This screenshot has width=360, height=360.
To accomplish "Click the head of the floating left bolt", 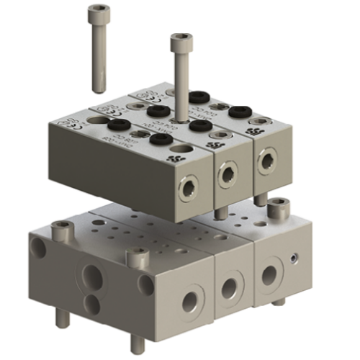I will tap(97, 12).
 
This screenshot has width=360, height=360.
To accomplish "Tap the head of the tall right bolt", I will tap(181, 42).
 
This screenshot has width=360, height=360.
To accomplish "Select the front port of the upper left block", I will tap(186, 186).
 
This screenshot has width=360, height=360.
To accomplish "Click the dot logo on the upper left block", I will tap(171, 156).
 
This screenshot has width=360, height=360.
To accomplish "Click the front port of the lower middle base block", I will tap(229, 289).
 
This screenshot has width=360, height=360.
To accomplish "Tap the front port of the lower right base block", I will tap(269, 275).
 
